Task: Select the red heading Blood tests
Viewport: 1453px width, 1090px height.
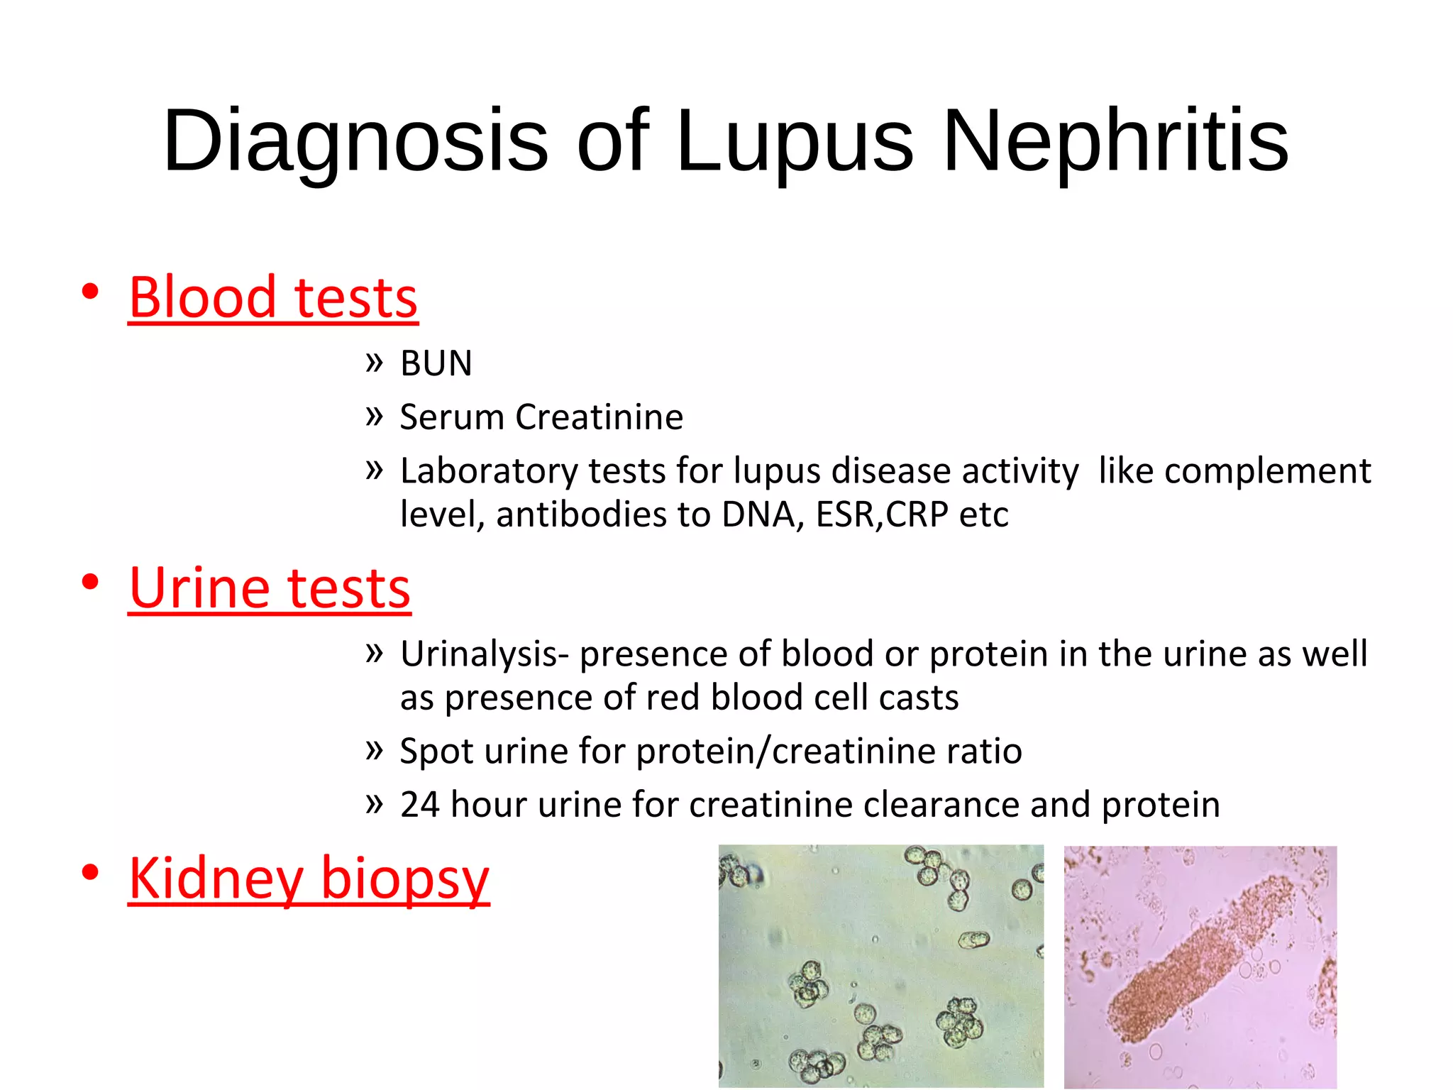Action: pos(273,298)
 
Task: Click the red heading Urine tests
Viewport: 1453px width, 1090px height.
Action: pos(270,589)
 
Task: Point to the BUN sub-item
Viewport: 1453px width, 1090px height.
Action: pos(436,363)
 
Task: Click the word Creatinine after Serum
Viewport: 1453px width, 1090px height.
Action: pos(600,417)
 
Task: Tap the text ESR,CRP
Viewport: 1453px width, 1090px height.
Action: pos(882,514)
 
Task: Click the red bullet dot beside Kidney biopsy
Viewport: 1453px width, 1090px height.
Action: pos(89,873)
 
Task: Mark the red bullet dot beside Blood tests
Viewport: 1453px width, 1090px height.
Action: pos(89,292)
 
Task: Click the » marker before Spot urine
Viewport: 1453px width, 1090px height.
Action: pos(374,749)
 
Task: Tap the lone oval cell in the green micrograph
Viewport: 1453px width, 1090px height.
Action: pos(973,941)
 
